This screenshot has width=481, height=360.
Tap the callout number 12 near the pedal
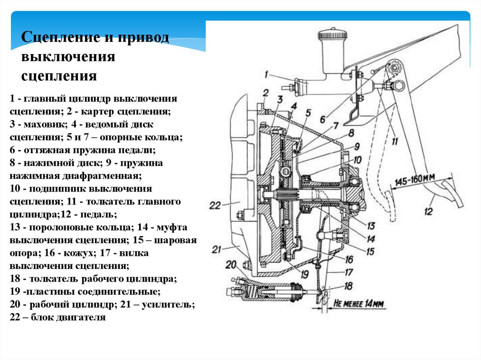[x=428, y=212]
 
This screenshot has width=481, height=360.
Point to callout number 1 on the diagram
[x=266, y=74]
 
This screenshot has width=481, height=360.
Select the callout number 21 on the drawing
[x=216, y=249]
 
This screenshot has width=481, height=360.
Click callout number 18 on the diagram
[x=348, y=285]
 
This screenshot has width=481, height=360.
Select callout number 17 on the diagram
[x=349, y=272]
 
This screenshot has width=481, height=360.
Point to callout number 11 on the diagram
[x=394, y=140]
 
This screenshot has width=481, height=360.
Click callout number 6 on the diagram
[x=323, y=119]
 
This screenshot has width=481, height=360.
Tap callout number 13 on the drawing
[x=371, y=225]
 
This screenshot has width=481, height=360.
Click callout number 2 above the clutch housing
[x=265, y=92]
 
